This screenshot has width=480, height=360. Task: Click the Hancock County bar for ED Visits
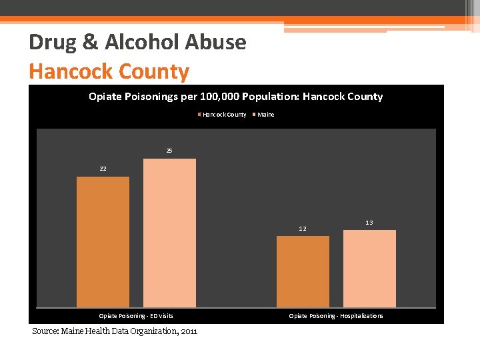pyautogui.click(x=103, y=241)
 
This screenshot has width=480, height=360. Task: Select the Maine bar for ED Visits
pyautogui.click(x=169, y=233)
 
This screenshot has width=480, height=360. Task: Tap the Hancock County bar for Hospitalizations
pyautogui.click(x=303, y=271)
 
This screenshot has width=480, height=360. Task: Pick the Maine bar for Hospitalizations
pyautogui.click(x=369, y=268)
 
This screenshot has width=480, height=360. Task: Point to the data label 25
pyautogui.click(x=169, y=151)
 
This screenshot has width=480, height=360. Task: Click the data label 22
pyautogui.click(x=103, y=169)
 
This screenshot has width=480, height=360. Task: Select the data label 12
pyautogui.click(x=303, y=229)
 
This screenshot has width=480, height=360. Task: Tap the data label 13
pyautogui.click(x=369, y=222)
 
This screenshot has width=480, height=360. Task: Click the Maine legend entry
pyautogui.click(x=265, y=115)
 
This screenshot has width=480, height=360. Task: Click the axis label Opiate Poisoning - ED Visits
pyautogui.click(x=136, y=316)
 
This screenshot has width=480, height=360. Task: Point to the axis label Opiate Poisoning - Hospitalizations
pyautogui.click(x=336, y=316)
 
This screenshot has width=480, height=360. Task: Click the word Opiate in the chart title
pyautogui.click(x=105, y=97)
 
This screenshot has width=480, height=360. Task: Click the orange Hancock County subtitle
pyautogui.click(x=109, y=71)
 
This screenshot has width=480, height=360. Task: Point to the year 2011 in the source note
pyautogui.click(x=188, y=331)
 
